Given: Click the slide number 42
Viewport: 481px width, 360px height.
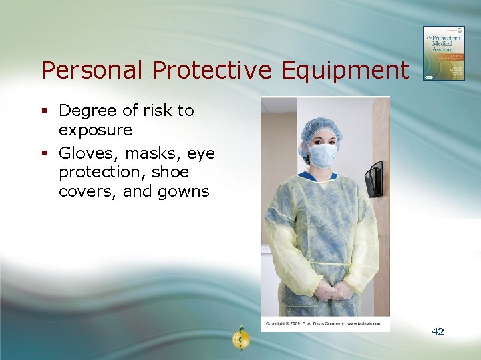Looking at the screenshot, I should point(438,331).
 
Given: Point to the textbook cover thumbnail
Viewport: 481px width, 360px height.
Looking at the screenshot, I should point(443,53).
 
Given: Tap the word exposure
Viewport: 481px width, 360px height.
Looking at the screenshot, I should point(96,130).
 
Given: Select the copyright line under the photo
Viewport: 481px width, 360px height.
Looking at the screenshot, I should point(323,323).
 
